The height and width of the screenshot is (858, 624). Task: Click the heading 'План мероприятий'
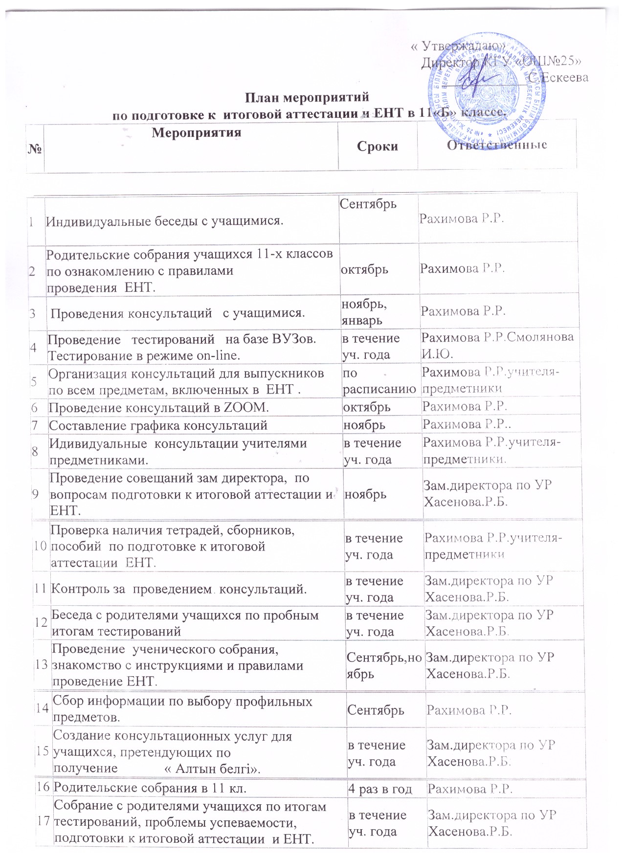coord(307,97)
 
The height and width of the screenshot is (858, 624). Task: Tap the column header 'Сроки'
coord(377,146)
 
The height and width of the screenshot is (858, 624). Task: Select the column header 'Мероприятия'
coord(196,132)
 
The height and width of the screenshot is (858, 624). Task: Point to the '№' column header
coord(35,146)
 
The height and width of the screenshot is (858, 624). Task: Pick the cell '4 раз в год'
coord(380,789)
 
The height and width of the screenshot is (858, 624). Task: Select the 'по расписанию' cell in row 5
coord(379,381)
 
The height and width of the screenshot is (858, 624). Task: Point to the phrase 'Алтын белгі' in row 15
coord(212,768)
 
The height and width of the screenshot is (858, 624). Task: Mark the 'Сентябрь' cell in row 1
coord(368,203)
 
